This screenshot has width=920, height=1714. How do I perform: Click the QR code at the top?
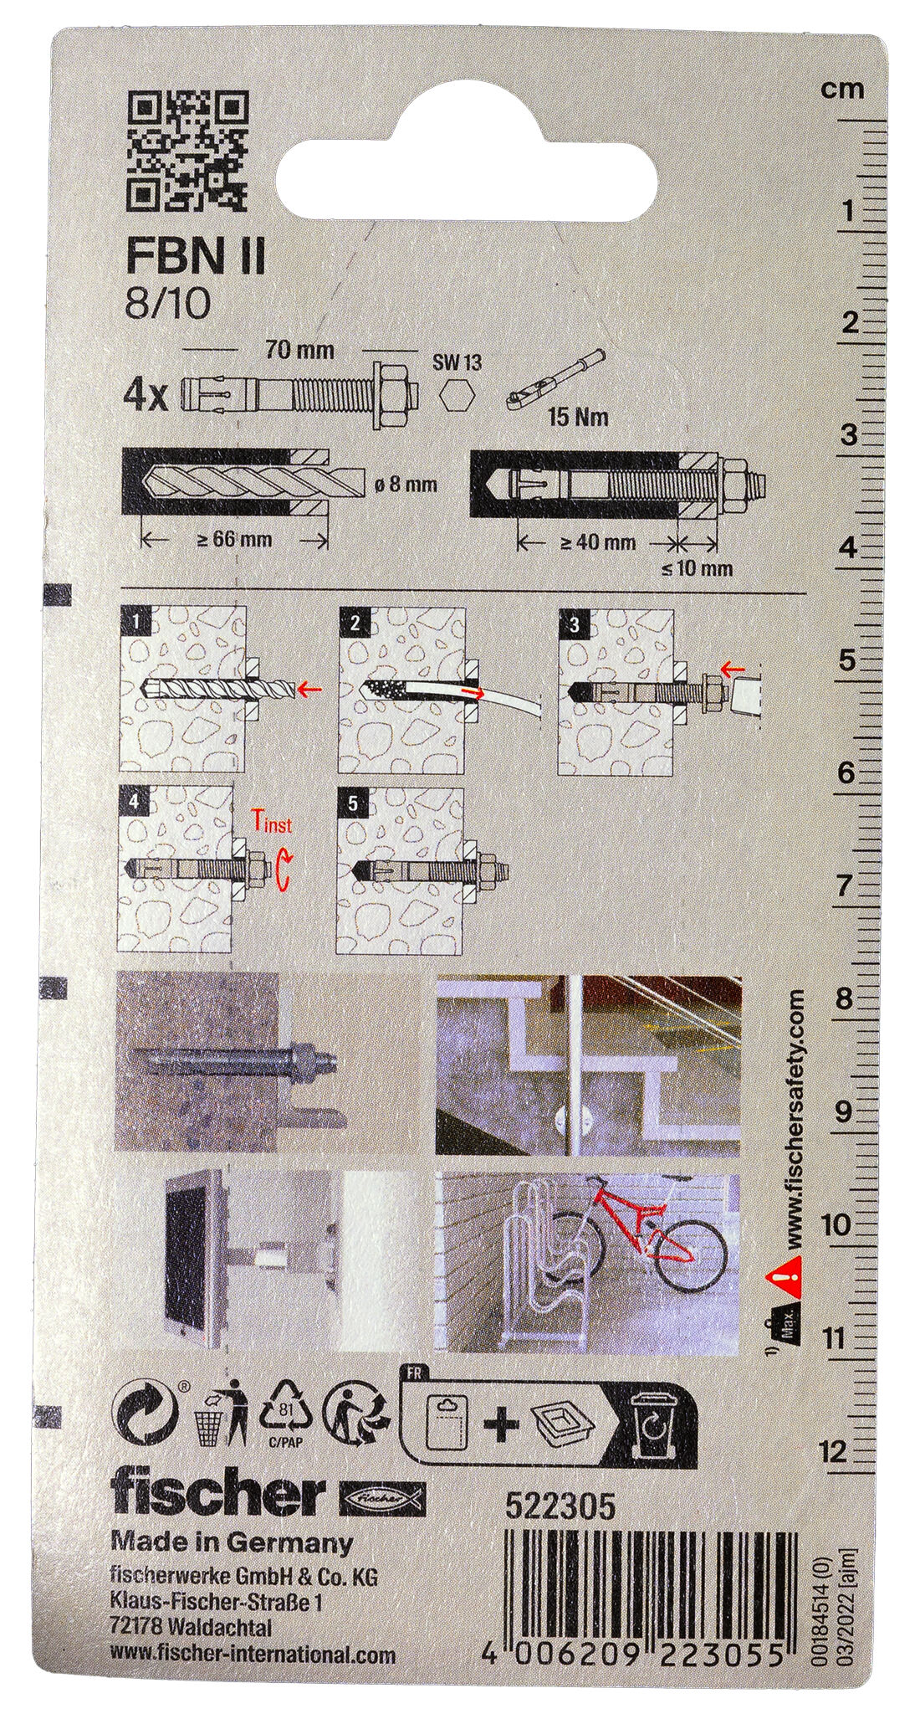(189, 151)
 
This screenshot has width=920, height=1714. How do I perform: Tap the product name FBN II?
(196, 259)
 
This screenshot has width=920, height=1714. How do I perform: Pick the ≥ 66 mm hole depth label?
(234, 539)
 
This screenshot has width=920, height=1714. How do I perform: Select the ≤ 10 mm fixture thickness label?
(697, 569)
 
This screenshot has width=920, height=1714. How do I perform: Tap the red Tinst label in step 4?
(273, 824)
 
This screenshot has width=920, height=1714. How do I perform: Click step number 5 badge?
(352, 803)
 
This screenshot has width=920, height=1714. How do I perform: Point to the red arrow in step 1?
(309, 688)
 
